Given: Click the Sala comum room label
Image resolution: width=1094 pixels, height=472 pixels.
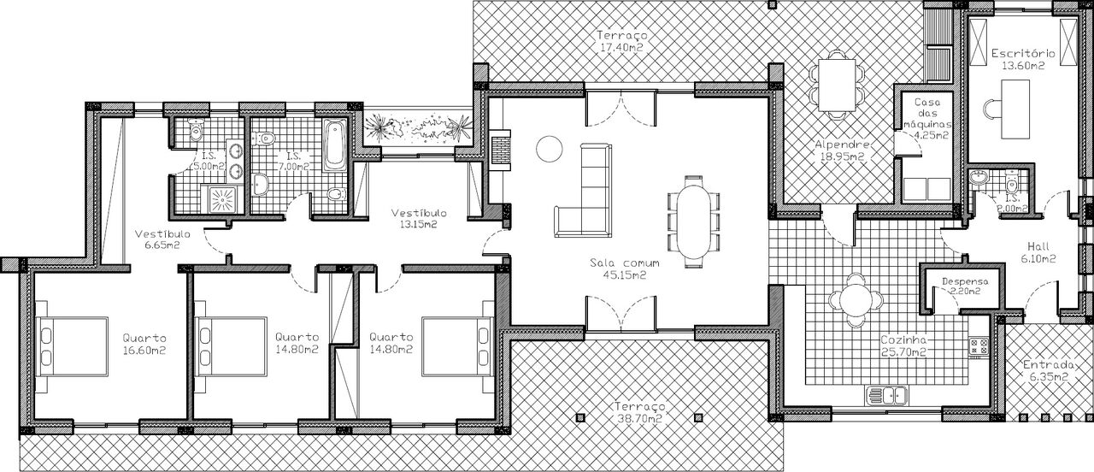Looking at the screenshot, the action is (625, 263).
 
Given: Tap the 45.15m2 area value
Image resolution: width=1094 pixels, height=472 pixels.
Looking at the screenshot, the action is (625, 275).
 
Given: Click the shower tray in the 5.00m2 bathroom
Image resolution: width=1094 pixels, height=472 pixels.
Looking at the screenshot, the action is (222, 200).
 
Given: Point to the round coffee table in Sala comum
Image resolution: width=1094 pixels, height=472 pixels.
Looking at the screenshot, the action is (550, 149).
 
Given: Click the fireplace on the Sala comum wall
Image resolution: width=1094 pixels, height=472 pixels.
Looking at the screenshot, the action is (500, 150).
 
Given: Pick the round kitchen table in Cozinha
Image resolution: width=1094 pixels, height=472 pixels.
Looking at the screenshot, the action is (856, 299).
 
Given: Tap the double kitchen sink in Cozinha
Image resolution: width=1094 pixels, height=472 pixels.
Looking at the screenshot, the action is (887, 395).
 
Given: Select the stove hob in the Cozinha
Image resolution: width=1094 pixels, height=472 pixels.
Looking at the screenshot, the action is (979, 346).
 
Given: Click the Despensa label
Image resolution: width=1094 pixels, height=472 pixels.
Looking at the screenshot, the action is (965, 281).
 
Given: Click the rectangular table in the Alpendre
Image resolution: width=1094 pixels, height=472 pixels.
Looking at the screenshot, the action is (837, 85).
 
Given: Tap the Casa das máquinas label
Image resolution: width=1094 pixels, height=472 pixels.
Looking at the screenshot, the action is (927, 114).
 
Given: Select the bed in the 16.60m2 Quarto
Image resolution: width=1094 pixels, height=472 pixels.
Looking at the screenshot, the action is (72, 346).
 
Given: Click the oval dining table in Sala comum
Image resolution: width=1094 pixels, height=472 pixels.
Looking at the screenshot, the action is (692, 221).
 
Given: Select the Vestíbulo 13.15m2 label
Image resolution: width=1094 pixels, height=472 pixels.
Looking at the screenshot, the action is (419, 219).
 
